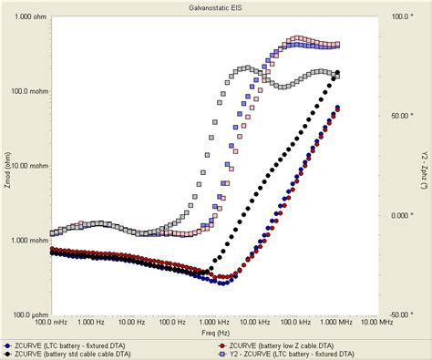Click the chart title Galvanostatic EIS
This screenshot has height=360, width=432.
[x=215, y=6]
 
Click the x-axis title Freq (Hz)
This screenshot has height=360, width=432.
[x=215, y=333]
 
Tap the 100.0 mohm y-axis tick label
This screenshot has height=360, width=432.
[x=27, y=91]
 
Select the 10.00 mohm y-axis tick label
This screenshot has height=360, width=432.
[x=27, y=166]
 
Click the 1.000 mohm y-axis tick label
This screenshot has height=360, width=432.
[x=27, y=241]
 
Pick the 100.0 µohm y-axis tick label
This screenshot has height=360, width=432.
[x=27, y=314]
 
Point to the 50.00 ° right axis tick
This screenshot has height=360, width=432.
[x=400, y=116]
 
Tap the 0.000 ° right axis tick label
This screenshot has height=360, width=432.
[x=400, y=216]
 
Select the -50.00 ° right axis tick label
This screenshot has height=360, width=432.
[x=400, y=314]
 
